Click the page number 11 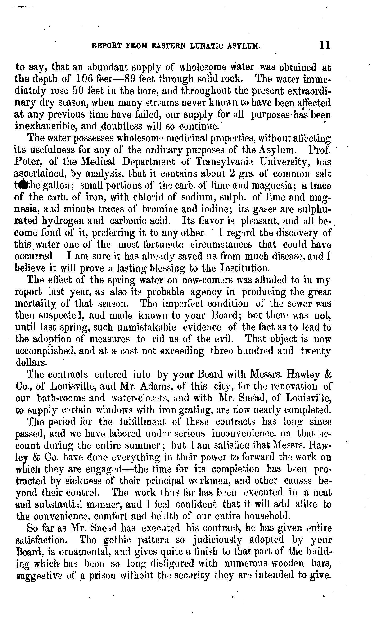click(325, 45)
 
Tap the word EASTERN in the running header click(169, 46)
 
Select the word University click(284, 162)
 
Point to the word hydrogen click(64, 221)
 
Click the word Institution click(244, 268)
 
